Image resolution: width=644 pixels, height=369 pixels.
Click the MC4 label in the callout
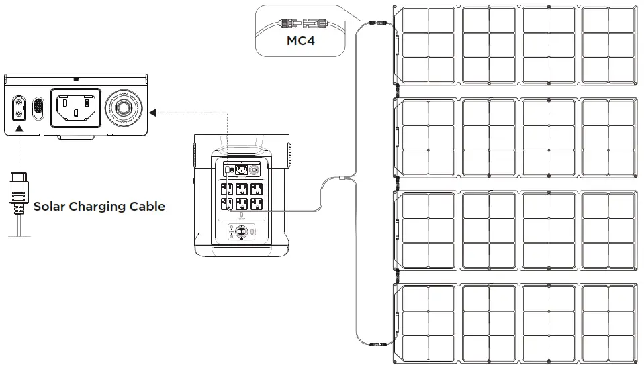(x=301, y=41)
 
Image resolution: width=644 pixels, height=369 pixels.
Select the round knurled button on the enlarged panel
(x=126, y=107)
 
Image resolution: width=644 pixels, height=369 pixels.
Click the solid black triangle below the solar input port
(x=19, y=127)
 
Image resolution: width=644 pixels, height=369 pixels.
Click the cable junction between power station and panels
(x=342, y=178)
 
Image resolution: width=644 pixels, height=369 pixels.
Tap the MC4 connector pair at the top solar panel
(x=378, y=23)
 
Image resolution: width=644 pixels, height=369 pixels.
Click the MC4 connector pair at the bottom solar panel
(x=378, y=344)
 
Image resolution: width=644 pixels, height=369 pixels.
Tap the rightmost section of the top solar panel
(x=608, y=44)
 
